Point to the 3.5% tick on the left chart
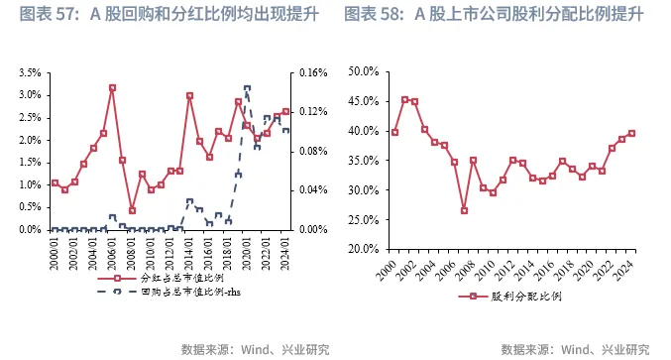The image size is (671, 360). point(29,73)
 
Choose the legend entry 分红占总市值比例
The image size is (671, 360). point(153,279)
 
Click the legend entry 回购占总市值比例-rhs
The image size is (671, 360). point(165,293)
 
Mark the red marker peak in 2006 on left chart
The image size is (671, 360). point(112,87)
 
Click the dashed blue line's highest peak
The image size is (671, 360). point(247,87)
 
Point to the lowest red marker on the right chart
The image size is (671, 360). point(464,210)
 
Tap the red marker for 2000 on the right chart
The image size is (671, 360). point(394,132)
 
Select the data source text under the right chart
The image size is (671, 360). point(575,349)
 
